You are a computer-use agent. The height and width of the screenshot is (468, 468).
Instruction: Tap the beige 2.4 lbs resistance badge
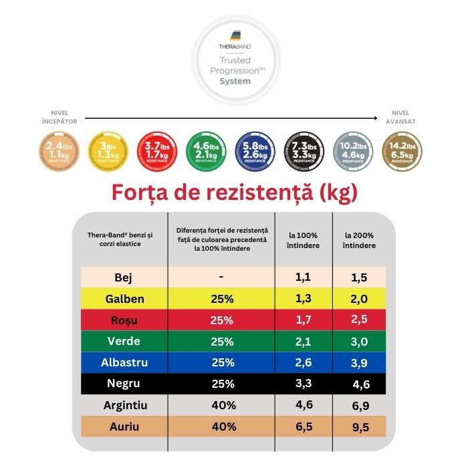[x=59, y=150]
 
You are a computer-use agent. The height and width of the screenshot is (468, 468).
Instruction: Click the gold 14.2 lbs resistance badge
[x=401, y=150]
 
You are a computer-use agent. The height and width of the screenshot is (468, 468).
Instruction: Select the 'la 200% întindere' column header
[x=360, y=241]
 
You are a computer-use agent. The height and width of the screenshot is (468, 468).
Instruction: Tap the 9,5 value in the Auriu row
[x=360, y=427]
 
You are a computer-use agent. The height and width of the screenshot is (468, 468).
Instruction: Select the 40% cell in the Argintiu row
[x=221, y=405]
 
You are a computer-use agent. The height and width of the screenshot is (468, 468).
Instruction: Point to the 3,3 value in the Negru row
[x=304, y=384]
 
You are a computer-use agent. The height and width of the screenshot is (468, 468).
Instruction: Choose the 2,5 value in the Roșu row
[x=360, y=320]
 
